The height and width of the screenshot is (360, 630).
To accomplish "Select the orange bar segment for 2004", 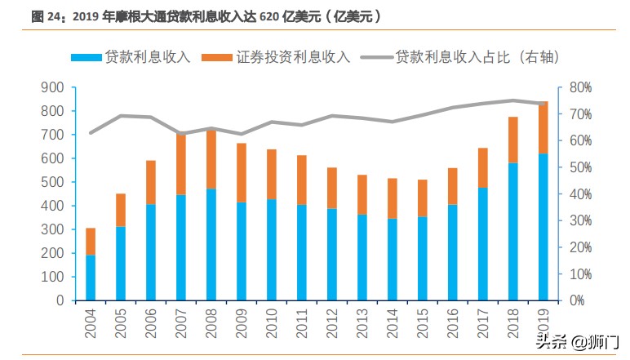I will coord(91,242).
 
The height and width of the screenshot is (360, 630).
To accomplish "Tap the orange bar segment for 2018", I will coord(512,140).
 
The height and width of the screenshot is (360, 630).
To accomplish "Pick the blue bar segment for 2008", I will coord(211,244).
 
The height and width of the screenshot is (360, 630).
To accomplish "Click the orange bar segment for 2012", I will coord(332,188).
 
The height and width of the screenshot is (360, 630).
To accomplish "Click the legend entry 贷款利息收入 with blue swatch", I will coord(132,57).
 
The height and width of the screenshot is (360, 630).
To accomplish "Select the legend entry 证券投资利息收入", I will coord(278,57).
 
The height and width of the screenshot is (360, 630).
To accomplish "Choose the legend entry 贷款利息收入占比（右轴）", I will coord(464,57).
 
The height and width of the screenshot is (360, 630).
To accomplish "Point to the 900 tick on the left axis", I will coord(52,87).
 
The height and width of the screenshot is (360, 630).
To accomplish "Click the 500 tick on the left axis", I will coord(52,182).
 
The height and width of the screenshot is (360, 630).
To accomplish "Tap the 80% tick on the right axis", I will coord(580,87).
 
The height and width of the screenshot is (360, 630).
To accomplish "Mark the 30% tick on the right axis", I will coord(580,220).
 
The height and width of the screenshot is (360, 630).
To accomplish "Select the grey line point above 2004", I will coord(91,132).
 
